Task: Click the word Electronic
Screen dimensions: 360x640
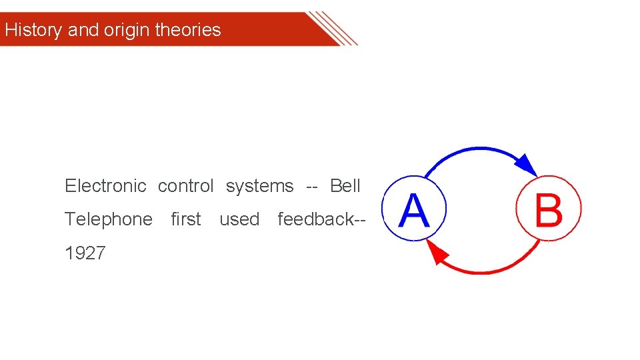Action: [x=105, y=186]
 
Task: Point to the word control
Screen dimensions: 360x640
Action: [x=185, y=186]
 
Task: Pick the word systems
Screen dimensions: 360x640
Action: [x=259, y=186]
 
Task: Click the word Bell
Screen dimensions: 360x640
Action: [x=345, y=186]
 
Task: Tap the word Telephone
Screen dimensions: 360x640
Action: [x=109, y=219]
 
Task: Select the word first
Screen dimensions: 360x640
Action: [x=186, y=219]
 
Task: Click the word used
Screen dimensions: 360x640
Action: [x=239, y=219]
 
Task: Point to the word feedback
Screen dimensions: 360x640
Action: [x=316, y=219]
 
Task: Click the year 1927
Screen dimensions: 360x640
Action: [x=85, y=253]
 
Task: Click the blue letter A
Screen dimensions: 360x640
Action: [x=413, y=210]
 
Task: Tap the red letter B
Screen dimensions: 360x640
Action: [x=549, y=210]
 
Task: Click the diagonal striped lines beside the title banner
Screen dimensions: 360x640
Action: [x=333, y=28]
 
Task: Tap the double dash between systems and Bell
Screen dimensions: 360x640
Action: [x=311, y=186]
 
